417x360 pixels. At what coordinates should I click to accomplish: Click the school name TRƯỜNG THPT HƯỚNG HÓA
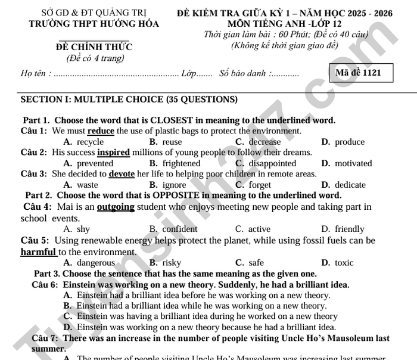tap(94, 24)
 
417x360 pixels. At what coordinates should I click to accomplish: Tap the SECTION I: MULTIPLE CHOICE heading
tap(129, 100)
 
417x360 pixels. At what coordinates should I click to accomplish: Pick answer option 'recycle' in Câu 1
tap(90, 142)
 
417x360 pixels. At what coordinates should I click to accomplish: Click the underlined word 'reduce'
tap(101, 131)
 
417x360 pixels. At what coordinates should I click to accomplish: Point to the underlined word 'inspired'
tap(113, 153)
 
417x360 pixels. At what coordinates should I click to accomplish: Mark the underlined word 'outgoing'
tap(116, 207)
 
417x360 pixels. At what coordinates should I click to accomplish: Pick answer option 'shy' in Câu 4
tap(83, 229)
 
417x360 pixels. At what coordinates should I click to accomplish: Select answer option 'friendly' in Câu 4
tap(349, 229)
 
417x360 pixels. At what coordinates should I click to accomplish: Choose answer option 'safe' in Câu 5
tap(256, 263)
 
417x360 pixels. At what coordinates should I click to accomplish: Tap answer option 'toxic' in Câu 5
tap(344, 263)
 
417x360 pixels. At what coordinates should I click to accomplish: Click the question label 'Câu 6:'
tap(45, 285)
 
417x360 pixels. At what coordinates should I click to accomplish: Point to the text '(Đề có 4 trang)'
tap(95, 58)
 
